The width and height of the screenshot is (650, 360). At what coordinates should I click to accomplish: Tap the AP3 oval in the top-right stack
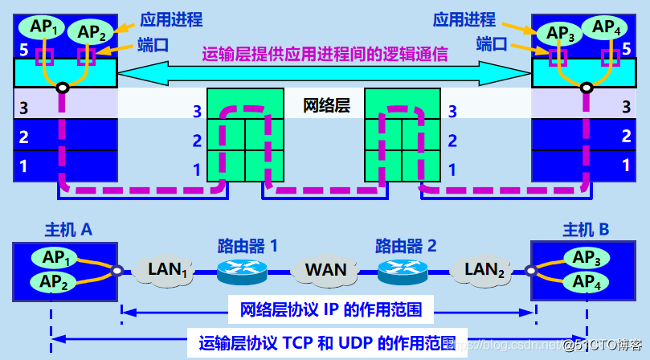click(560, 33)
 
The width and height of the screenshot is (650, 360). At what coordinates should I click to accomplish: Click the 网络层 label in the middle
click(326, 105)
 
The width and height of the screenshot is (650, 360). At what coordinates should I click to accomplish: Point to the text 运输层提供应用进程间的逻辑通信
click(325, 54)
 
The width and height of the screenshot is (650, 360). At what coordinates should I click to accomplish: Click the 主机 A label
click(68, 230)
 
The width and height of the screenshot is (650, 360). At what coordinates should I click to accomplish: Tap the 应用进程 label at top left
click(170, 19)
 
